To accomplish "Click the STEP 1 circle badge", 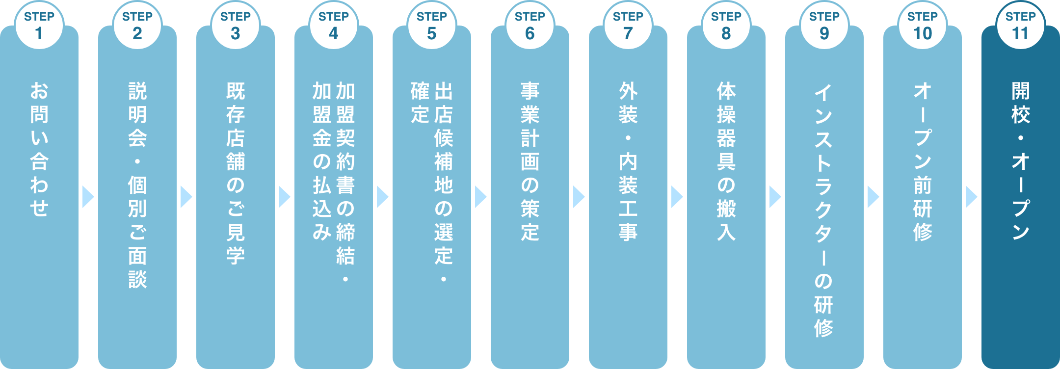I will coord(39,26).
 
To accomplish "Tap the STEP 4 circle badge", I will coord(334,26).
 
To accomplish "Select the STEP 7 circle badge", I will coord(628,26).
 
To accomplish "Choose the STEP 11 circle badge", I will coord(1021,26).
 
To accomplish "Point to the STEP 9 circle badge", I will coord(824,26).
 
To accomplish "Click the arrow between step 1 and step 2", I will coord(88,197).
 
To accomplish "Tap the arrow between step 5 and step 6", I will coord(480,197).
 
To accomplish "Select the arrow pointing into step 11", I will coord(971,197).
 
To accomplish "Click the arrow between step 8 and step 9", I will coord(775,197).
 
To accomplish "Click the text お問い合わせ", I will coord(39,150).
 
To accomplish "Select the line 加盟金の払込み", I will coord(322,161).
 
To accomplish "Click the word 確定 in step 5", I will coord(420,103).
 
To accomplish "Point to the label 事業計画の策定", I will coord(530,161).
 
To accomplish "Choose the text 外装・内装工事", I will coord(628,161).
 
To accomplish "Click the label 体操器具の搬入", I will coord(726,161).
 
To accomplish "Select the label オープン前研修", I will coord(923,161).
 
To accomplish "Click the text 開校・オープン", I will coord(1021,161).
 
